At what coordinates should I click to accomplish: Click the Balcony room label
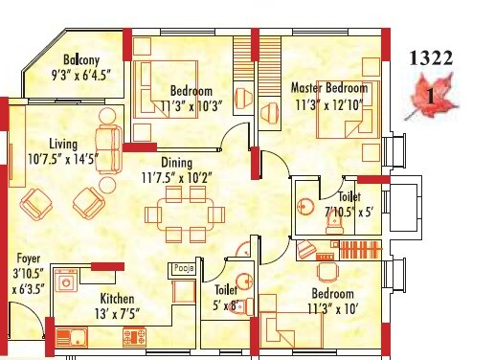[x=77, y=56]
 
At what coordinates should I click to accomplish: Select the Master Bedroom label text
[x=328, y=89]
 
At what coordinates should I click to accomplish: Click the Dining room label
[x=177, y=163]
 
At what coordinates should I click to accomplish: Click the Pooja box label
[x=185, y=269]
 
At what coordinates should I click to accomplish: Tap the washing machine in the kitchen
[x=67, y=283]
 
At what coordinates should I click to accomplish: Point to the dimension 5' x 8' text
[x=226, y=305]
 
